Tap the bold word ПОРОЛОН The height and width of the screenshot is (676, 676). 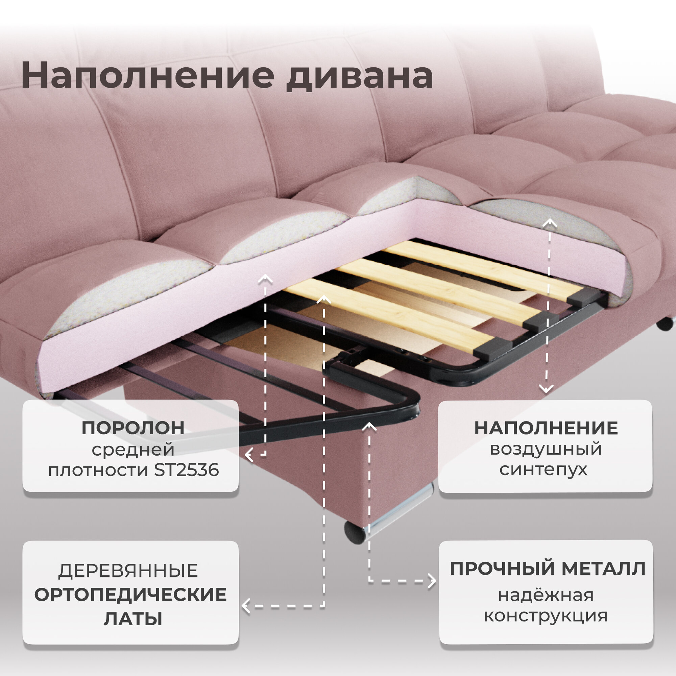(x=133, y=428)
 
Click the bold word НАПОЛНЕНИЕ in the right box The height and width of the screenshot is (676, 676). (x=546, y=428)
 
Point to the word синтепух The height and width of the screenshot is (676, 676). (x=543, y=469)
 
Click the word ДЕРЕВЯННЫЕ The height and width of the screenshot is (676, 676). (x=128, y=571)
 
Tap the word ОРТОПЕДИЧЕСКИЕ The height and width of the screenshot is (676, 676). (x=130, y=595)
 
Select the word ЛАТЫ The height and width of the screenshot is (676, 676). (x=133, y=619)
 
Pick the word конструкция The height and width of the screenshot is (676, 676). (x=546, y=615)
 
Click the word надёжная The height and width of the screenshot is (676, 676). (x=546, y=595)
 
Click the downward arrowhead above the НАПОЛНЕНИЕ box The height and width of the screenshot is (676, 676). (x=546, y=389)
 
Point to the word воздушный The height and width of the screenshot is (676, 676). (x=546, y=449)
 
